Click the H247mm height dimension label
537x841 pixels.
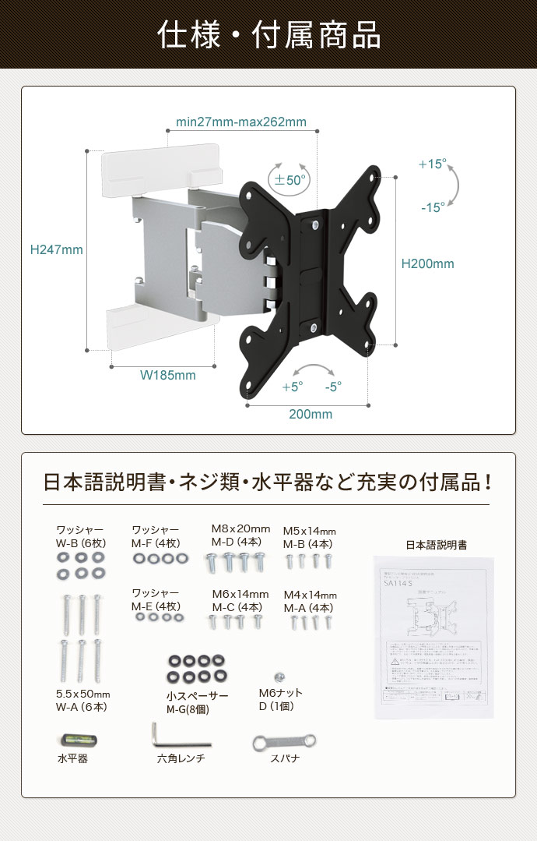pyautogui.click(x=56, y=250)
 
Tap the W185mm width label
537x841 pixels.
pyautogui.click(x=167, y=375)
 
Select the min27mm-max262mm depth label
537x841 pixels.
pyautogui.click(x=241, y=122)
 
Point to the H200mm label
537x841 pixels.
pyautogui.click(x=427, y=263)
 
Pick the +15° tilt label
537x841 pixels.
pyautogui.click(x=432, y=164)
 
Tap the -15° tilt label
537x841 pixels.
pyautogui.click(x=433, y=207)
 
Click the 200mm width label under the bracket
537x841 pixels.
pyautogui.click(x=311, y=414)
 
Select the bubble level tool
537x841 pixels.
pyautogui.click(x=71, y=738)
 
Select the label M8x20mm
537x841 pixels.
pyautogui.click(x=240, y=529)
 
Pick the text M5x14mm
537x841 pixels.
pyautogui.click(x=309, y=530)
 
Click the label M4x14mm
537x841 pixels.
pyautogui.click(x=309, y=595)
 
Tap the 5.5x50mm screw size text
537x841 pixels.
pyautogui.click(x=82, y=694)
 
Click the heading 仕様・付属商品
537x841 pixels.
pyautogui.click(x=268, y=35)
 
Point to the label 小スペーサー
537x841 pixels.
pyautogui.click(x=197, y=696)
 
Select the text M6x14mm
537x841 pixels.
pyautogui.click(x=240, y=594)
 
